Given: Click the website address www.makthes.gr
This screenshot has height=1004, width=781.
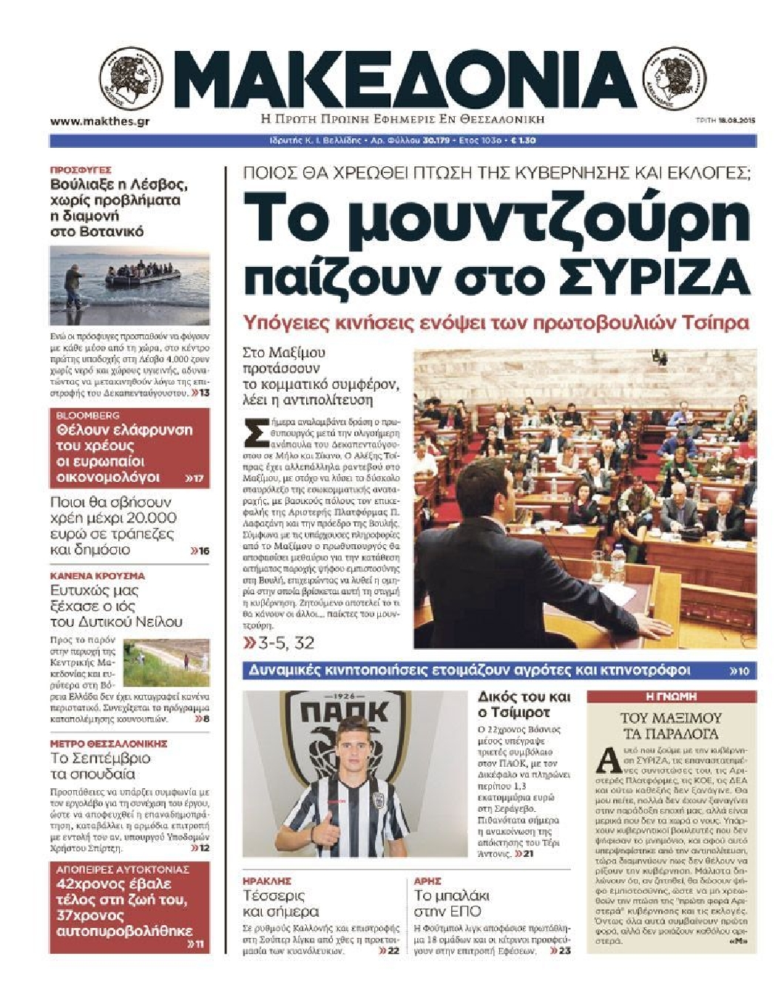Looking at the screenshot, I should tap(99, 121).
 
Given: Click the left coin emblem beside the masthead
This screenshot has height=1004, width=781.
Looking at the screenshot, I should tap(131, 78).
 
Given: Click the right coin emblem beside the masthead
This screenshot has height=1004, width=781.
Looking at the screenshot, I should tap(674, 78).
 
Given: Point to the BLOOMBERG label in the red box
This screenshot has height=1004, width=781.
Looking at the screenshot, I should tap(88, 415).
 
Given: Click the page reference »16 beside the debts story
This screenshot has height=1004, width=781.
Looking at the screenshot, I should tap(200, 551).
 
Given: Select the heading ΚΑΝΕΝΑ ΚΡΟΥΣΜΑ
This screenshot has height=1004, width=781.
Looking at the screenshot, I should tap(98, 575).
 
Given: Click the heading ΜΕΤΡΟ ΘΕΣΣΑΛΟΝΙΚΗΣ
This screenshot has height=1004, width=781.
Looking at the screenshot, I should tap(109, 743).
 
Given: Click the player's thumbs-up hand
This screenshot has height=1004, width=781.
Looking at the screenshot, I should tap(323, 833).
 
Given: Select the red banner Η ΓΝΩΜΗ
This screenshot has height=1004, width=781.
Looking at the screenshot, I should tap(671, 696).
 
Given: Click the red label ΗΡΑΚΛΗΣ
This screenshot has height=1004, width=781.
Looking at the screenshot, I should tap(267, 881).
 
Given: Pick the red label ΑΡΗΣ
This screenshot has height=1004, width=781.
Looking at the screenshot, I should tap(427, 881).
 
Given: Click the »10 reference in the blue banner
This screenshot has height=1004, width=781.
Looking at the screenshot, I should tap(740, 671).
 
